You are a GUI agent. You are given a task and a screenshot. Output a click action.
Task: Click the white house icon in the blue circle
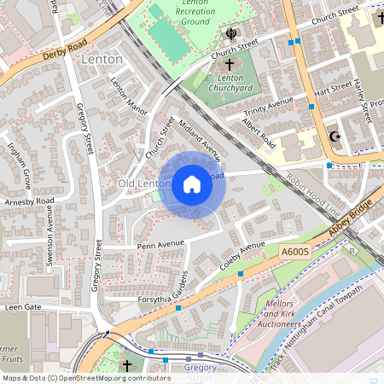click(x=192, y=183)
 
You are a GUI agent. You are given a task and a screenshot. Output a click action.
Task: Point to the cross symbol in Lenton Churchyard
click(x=229, y=65)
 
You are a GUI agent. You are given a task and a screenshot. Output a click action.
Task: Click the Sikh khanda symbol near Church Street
click(x=230, y=34)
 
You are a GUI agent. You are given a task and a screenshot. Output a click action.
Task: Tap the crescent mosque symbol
click(x=335, y=137)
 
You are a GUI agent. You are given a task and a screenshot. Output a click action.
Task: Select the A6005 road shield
click(x=294, y=252)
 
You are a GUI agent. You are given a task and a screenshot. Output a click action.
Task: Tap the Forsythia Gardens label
click(x=154, y=300)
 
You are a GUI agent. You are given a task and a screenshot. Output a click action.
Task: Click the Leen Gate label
click(x=23, y=306)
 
